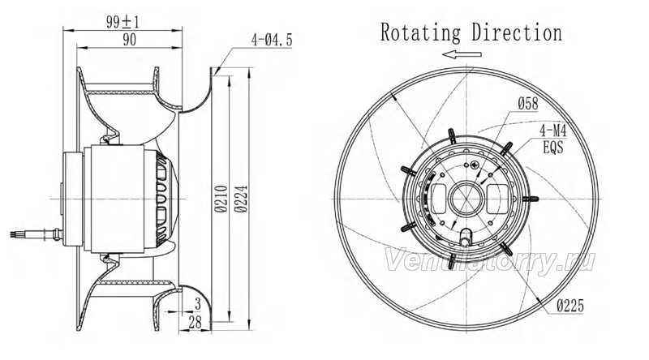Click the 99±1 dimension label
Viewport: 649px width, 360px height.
[123, 21]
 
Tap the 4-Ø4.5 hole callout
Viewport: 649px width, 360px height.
[272, 40]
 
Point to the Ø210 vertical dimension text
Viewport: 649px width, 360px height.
[221, 199]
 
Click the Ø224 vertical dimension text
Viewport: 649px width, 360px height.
[241, 199]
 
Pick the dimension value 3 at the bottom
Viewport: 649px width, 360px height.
[197, 304]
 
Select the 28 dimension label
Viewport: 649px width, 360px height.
[195, 322]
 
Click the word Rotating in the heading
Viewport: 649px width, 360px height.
[420, 33]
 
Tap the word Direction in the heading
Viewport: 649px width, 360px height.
[517, 32]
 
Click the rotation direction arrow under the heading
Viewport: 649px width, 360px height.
[462, 54]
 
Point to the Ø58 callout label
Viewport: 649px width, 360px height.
[528, 104]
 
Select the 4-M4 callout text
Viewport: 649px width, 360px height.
[553, 131]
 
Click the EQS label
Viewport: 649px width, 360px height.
[553, 148]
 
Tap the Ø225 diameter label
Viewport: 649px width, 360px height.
[570, 306]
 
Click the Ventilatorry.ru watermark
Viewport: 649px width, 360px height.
[491, 259]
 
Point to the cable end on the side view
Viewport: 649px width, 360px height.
[16, 234]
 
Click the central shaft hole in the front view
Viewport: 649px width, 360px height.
[466, 199]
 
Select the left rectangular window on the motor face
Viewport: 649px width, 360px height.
[438, 199]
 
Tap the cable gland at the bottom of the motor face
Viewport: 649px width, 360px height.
[466, 237]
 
